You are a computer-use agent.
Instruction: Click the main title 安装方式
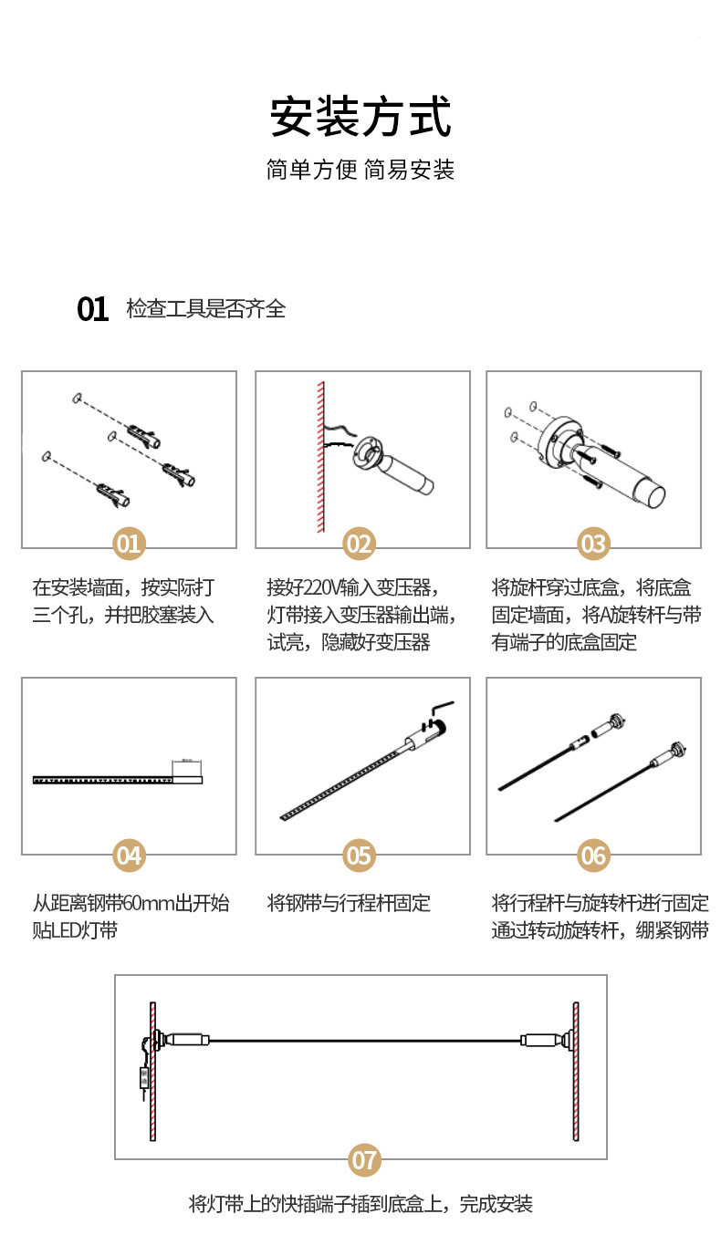360,117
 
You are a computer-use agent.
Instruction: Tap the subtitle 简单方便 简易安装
360,170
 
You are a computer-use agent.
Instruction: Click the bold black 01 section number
92,309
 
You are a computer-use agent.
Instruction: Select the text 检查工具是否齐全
206,309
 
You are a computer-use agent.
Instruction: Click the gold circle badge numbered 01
129,544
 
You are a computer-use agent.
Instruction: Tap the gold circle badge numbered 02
359,544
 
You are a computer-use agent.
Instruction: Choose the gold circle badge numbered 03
593,544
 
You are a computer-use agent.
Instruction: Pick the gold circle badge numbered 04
129,856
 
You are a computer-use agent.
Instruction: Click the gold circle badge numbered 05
359,856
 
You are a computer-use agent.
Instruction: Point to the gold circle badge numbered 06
593,856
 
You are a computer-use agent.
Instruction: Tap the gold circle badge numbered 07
364,1160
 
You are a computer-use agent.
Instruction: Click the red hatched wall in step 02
321,457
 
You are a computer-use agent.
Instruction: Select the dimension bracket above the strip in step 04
186,766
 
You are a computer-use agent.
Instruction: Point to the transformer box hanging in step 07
144,1078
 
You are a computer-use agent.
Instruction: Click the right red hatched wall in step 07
576,1071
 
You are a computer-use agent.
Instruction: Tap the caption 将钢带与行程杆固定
349,903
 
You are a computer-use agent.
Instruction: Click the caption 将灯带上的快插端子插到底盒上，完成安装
360,1204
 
